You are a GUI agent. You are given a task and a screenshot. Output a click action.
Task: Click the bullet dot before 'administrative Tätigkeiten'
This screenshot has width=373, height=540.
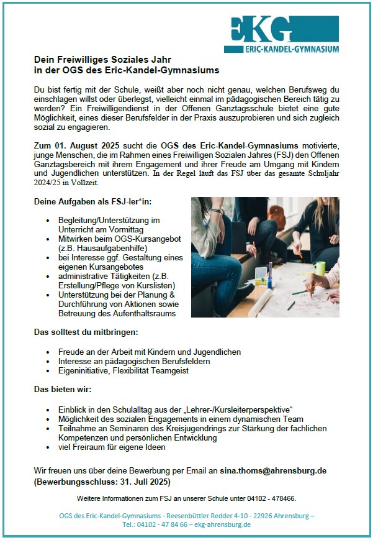pyautogui.click(x=49, y=276)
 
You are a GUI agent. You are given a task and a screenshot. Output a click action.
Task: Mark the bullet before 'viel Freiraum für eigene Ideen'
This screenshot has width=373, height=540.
pyautogui.click(x=49, y=447)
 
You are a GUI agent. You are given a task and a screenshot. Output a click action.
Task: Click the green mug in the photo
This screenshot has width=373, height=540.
pyautogui.click(x=320, y=268)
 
